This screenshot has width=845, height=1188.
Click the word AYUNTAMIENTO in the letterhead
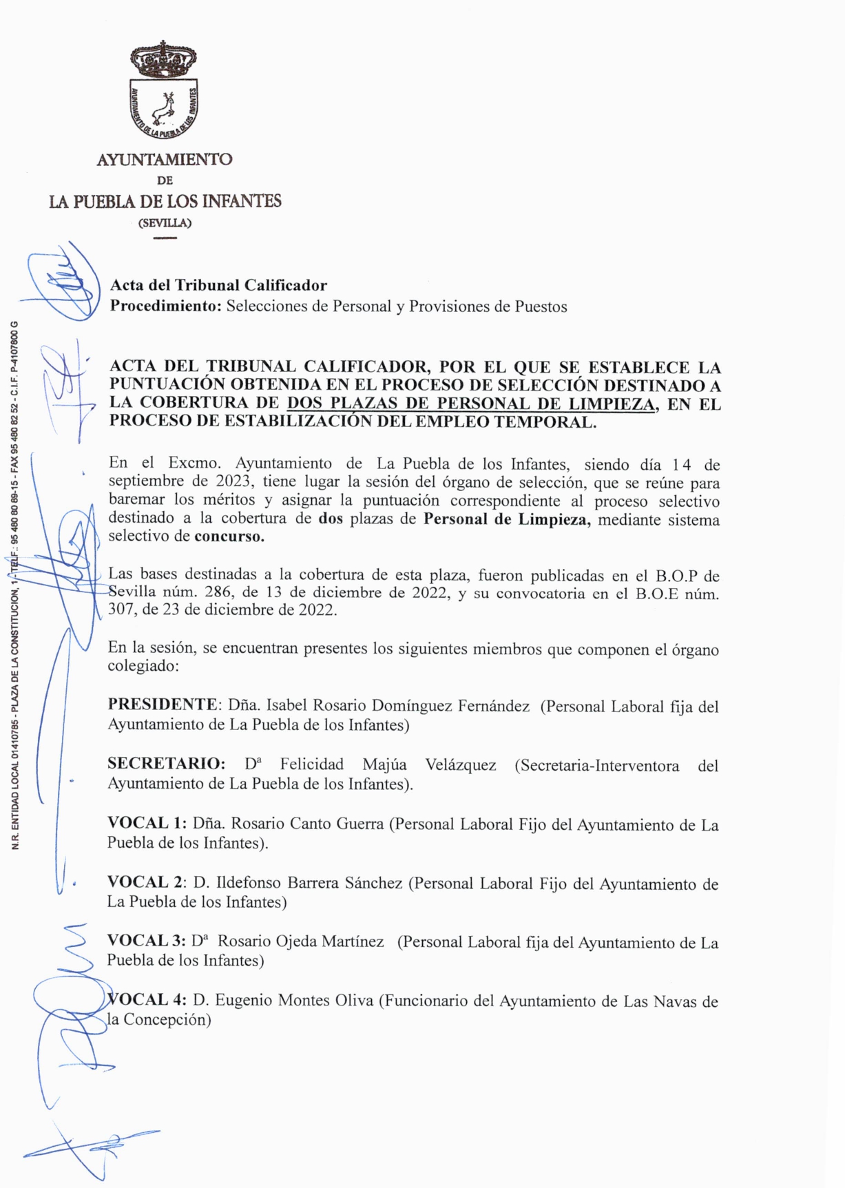coord(165,160)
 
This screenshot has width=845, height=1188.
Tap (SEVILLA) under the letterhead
coord(165,223)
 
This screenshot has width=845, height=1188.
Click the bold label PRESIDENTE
coord(163,705)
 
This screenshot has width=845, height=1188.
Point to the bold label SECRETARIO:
coord(167,764)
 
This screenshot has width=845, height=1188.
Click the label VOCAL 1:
coord(147,824)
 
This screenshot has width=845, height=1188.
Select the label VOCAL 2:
coord(147,883)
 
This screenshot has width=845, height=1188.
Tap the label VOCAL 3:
coord(147,941)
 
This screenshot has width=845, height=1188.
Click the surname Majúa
coord(384,765)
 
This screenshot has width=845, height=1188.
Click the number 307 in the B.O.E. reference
coord(121,610)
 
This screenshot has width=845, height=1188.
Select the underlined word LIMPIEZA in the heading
coord(616,404)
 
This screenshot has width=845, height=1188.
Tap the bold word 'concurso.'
coord(229,536)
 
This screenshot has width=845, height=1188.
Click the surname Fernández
coord(495,706)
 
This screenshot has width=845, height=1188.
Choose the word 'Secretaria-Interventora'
coord(596,766)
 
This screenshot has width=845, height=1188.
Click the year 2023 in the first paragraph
coord(232,481)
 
